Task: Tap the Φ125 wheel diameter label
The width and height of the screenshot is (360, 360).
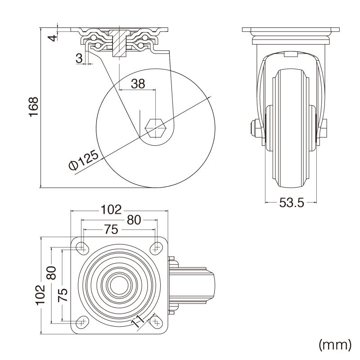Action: point(84,161)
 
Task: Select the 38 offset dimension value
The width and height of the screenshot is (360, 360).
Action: point(138,83)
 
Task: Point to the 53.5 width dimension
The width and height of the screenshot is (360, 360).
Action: point(292,203)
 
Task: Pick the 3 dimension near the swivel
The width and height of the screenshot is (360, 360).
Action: point(79,58)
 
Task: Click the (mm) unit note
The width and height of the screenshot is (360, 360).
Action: point(334,345)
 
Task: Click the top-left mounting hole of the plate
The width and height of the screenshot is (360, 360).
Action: point(81,247)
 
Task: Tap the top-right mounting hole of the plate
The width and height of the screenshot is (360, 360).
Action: point(157,247)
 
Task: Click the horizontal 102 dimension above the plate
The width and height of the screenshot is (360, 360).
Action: point(111,209)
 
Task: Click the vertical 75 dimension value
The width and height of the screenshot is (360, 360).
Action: point(63,295)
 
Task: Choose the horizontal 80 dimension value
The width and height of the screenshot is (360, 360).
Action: point(133,220)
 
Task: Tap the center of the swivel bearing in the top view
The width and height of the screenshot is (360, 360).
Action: point(119,284)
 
